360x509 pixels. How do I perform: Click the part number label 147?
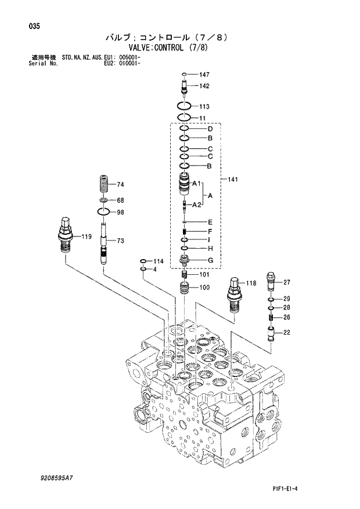click(204, 75)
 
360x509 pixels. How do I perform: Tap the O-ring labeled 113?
click(184, 107)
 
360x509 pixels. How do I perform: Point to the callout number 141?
click(233, 180)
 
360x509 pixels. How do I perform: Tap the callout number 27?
click(286, 282)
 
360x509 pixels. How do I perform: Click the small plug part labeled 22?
click(270, 334)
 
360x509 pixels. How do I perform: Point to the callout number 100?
click(204, 287)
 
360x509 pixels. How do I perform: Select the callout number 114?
click(159, 261)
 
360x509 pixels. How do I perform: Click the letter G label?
click(210, 260)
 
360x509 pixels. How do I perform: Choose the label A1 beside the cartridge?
click(196, 184)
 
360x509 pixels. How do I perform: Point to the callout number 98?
click(121, 212)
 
